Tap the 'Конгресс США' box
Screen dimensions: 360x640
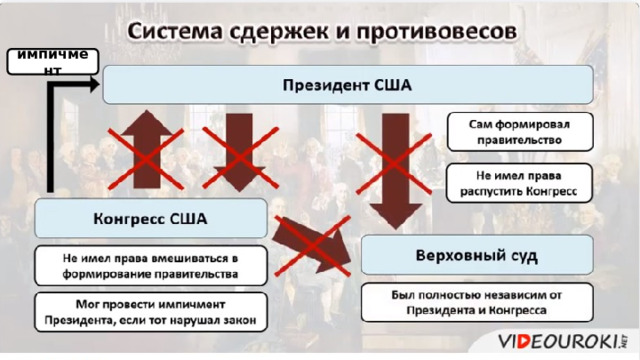150,217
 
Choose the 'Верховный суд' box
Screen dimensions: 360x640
476,256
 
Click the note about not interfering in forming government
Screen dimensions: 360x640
150,264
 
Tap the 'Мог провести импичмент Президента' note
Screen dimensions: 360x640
150,312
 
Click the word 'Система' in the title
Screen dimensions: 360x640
174,32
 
